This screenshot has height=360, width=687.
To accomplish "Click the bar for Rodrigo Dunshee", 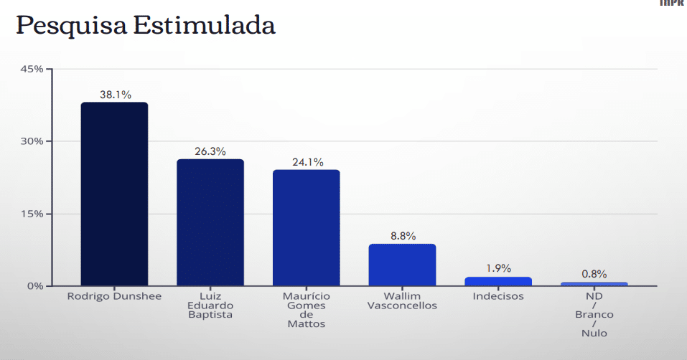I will point(114,194).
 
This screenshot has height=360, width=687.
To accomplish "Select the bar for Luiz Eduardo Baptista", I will point(210,222).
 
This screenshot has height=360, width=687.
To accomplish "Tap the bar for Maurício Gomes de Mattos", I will point(307,227).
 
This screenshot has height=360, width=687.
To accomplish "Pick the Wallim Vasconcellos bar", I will point(402,265).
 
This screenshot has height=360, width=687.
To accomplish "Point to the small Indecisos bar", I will point(498,281).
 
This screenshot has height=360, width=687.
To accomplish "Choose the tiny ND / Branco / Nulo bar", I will point(594,284).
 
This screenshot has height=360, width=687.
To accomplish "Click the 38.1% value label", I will point(115,95).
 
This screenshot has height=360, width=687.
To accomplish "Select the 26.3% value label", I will point(210,151).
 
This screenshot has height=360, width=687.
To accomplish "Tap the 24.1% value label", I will point(307,162).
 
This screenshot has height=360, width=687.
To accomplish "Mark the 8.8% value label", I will point(402,236).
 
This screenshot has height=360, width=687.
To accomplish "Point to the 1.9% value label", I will point(498,269).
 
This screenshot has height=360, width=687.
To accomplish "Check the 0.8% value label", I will point(594,274).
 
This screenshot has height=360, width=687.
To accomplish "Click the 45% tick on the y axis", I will point(32,69).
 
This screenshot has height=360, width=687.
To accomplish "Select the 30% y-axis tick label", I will point(32,141).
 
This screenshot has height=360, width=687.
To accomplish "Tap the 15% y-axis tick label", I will point(33,214).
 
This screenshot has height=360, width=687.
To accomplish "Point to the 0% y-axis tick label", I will point(35,286).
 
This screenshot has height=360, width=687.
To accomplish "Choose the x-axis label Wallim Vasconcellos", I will point(402,300).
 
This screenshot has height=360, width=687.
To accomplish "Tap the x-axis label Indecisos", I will point(498,295).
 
